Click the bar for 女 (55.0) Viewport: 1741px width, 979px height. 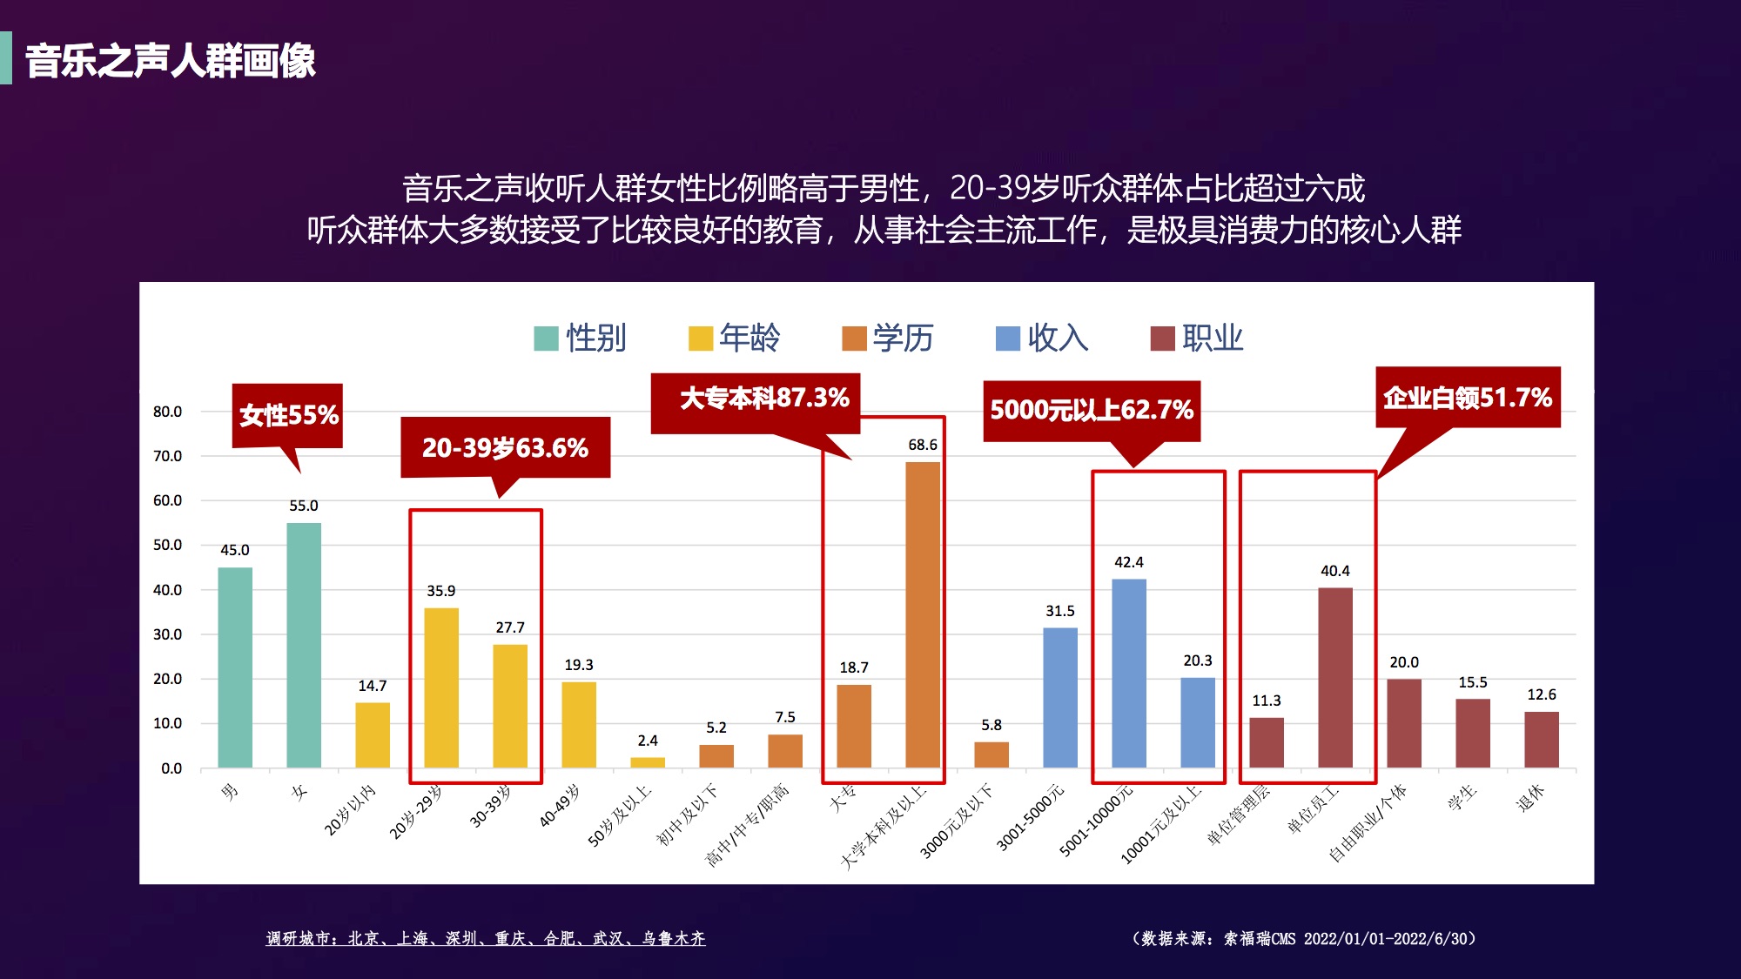pyautogui.click(x=304, y=645)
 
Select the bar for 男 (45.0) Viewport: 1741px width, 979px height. pyautogui.click(x=235, y=667)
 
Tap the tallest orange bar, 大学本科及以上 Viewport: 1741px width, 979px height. pyautogui.click(x=923, y=614)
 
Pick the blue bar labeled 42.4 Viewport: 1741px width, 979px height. pyautogui.click(x=1129, y=673)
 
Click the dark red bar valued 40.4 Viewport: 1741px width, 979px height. pyautogui.click(x=1335, y=677)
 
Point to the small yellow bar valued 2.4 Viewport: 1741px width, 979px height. pyautogui.click(x=648, y=762)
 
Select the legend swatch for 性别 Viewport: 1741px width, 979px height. pyautogui.click(x=546, y=339)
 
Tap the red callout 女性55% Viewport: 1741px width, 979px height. pyautogui.click(x=288, y=415)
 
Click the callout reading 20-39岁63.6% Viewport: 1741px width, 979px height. pyautogui.click(x=505, y=447)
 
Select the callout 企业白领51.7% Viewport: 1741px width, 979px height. pyautogui.click(x=1468, y=398)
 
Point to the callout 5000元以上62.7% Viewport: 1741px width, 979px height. pyautogui.click(x=1092, y=410)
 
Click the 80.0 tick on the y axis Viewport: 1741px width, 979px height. pyautogui.click(x=167, y=412)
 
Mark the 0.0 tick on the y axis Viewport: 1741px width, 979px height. pyautogui.click(x=171, y=768)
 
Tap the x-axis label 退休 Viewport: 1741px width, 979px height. pyautogui.click(x=1530, y=797)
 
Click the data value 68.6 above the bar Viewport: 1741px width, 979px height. pyautogui.click(x=923, y=445)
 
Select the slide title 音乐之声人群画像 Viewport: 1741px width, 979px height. pyautogui.click(x=171, y=61)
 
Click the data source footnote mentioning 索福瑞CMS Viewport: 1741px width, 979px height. pyautogui.click(x=1303, y=938)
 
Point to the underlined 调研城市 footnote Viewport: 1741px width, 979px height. pyautogui.click(x=486, y=938)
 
